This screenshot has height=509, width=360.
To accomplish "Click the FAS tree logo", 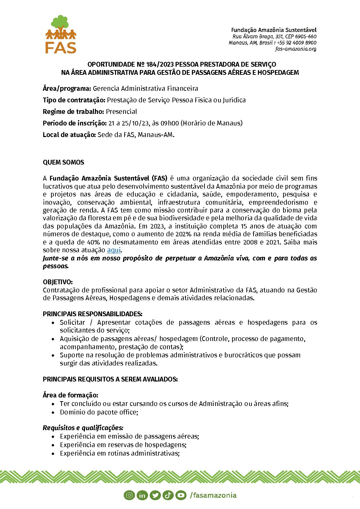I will point(61,34).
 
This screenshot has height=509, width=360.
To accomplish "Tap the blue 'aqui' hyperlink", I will point(114,250).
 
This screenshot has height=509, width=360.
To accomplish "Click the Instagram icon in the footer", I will point(129,495).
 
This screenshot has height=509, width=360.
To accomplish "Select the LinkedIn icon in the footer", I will point(142,495).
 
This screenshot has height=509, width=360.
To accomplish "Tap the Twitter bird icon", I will point(155,495).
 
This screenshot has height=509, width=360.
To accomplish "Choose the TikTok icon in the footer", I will point(168,495).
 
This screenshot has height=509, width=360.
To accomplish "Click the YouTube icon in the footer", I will point(181,495).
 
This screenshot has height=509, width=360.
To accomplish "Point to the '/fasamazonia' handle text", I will point(213,495).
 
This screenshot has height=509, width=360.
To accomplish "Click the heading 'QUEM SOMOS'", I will point(63,163).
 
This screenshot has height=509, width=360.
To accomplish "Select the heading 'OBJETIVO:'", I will point(58,282).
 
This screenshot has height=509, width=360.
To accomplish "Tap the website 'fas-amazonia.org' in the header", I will point(296,49).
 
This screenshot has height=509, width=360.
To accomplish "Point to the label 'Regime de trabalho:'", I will point(73,112).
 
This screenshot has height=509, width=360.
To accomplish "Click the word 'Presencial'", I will point(121,112).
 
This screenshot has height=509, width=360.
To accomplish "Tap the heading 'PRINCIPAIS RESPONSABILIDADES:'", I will point(93,314).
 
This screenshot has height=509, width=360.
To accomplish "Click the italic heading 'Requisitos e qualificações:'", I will point(83,428).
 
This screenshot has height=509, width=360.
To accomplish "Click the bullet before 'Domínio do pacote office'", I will point(53,412).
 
